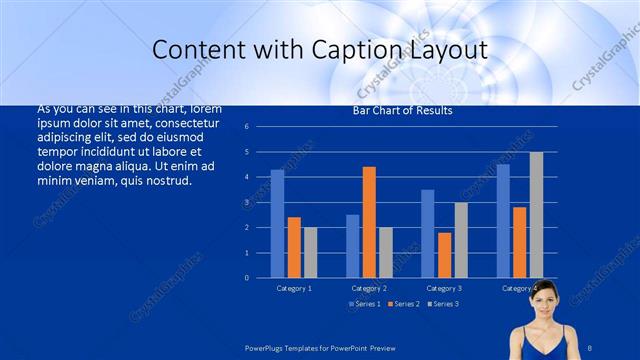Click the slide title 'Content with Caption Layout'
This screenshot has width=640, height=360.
(x=319, y=49)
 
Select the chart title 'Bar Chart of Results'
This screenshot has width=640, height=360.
(x=402, y=111)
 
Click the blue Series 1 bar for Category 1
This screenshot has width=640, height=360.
(x=277, y=223)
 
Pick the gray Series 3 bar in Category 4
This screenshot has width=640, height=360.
(x=536, y=214)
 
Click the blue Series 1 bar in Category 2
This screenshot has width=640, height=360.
(x=352, y=246)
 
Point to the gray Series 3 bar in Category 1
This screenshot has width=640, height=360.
(x=311, y=252)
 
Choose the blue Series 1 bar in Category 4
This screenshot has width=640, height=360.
(x=503, y=220)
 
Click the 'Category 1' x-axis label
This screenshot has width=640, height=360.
(x=294, y=288)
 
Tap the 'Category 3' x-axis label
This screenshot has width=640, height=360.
(x=444, y=288)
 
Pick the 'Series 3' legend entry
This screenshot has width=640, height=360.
(x=443, y=303)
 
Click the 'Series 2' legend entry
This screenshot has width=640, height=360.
(x=404, y=303)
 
